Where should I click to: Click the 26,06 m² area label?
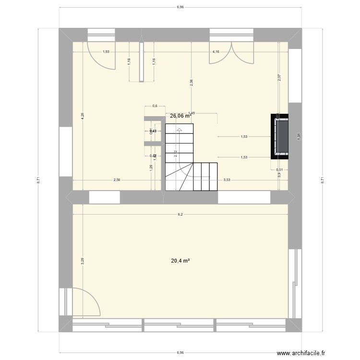coord(180,116)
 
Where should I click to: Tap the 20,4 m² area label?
coord(180,261)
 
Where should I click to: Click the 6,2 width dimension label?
coord(180,215)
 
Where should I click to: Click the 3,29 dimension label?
coord(83,261)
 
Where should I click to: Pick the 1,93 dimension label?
coord(107,52)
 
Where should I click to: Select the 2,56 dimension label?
coord(117,180)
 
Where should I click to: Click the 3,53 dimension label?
coord(227,180)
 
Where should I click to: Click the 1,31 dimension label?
coord(299,136)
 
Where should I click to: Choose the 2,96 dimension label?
coord(192,82)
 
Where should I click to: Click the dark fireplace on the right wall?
coord(281,136)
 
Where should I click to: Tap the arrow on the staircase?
coord(179,130)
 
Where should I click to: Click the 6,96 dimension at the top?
coord(180,8)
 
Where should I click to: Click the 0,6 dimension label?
coord(155,106)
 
